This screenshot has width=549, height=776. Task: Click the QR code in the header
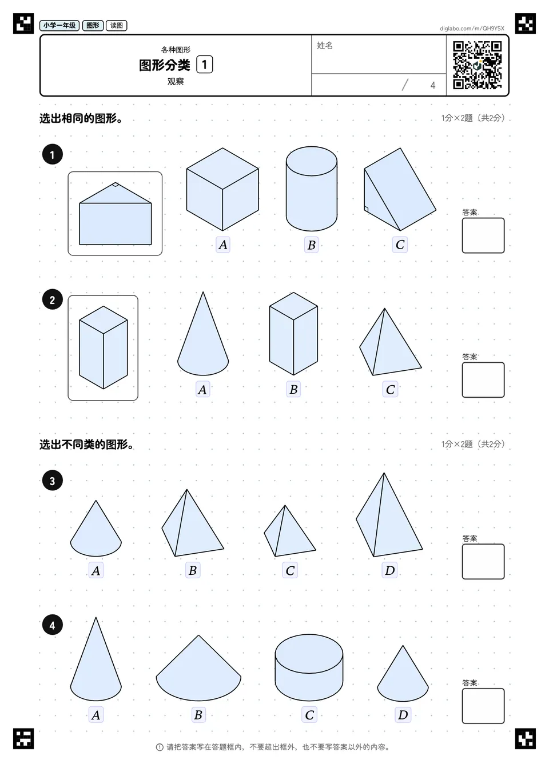[478, 65]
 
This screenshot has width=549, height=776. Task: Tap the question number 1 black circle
[53, 154]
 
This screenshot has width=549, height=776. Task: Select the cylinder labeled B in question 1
[311, 189]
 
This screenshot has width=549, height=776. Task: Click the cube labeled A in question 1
[222, 189]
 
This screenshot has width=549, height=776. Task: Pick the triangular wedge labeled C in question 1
[400, 189]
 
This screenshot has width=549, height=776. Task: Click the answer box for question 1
[483, 235]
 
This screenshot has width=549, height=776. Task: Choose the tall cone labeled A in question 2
[203, 333]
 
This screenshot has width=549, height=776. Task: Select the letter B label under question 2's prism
[293, 389]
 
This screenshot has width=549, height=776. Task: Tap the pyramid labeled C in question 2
[390, 342]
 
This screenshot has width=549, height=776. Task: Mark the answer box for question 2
[483, 380]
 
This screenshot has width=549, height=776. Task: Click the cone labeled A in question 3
[96, 529]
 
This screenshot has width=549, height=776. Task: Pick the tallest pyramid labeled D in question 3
[389, 515]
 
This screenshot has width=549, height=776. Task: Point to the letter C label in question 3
[290, 570]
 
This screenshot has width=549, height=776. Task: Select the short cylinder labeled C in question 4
[309, 668]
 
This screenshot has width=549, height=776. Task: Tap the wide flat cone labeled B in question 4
[198, 668]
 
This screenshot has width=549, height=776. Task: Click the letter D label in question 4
[403, 715]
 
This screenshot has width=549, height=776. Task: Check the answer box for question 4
[483, 706]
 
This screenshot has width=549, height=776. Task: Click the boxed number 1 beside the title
[205, 65]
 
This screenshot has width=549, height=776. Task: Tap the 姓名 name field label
[325, 45]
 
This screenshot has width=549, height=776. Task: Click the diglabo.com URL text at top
[472, 29]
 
